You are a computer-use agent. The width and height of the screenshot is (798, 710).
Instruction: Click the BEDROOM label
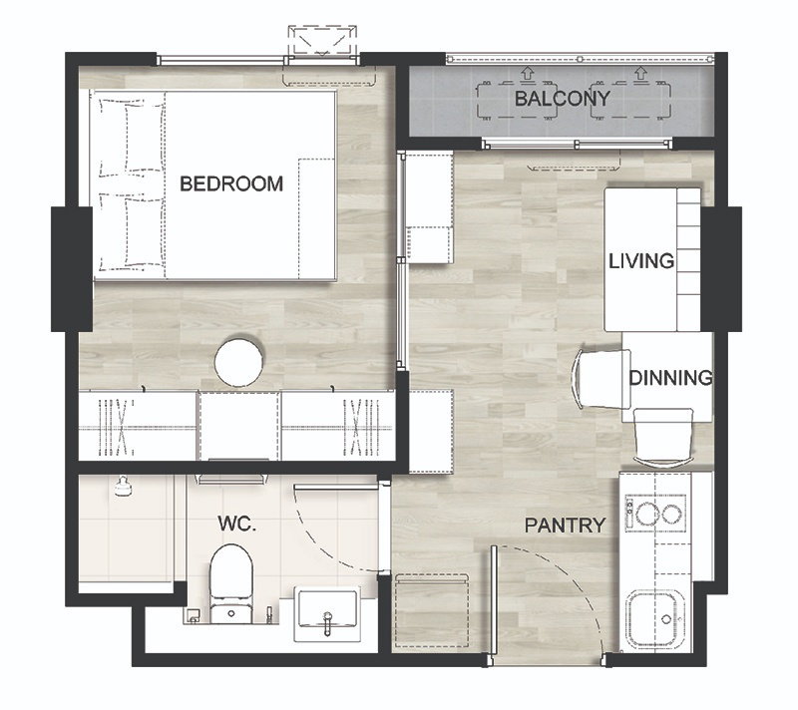231,183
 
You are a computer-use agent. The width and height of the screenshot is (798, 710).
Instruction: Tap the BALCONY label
563,98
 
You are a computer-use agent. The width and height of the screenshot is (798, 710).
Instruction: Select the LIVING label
641,261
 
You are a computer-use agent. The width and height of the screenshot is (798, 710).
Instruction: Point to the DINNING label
670,377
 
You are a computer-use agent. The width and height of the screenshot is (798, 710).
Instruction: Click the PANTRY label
565,525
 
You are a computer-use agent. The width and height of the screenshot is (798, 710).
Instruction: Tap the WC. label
236,524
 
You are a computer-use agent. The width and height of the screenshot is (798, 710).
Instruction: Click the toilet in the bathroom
231,584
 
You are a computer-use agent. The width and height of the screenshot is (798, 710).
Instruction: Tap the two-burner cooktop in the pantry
655,513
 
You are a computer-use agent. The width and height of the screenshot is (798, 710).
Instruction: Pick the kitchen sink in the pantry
656,619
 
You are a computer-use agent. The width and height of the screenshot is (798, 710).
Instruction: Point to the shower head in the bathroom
123,487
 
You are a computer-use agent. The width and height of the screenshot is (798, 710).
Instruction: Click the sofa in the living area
652,259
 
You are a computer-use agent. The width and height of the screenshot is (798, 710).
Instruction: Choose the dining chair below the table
663,437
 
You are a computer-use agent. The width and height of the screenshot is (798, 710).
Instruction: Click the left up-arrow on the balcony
527,73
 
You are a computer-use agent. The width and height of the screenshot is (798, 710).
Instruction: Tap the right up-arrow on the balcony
640,73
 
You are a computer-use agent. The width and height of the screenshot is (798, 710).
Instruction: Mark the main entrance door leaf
493,605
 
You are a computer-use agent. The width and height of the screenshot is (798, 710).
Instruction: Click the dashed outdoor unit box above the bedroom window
322,40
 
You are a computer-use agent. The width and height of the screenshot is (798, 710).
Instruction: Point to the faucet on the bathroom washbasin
328,623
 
